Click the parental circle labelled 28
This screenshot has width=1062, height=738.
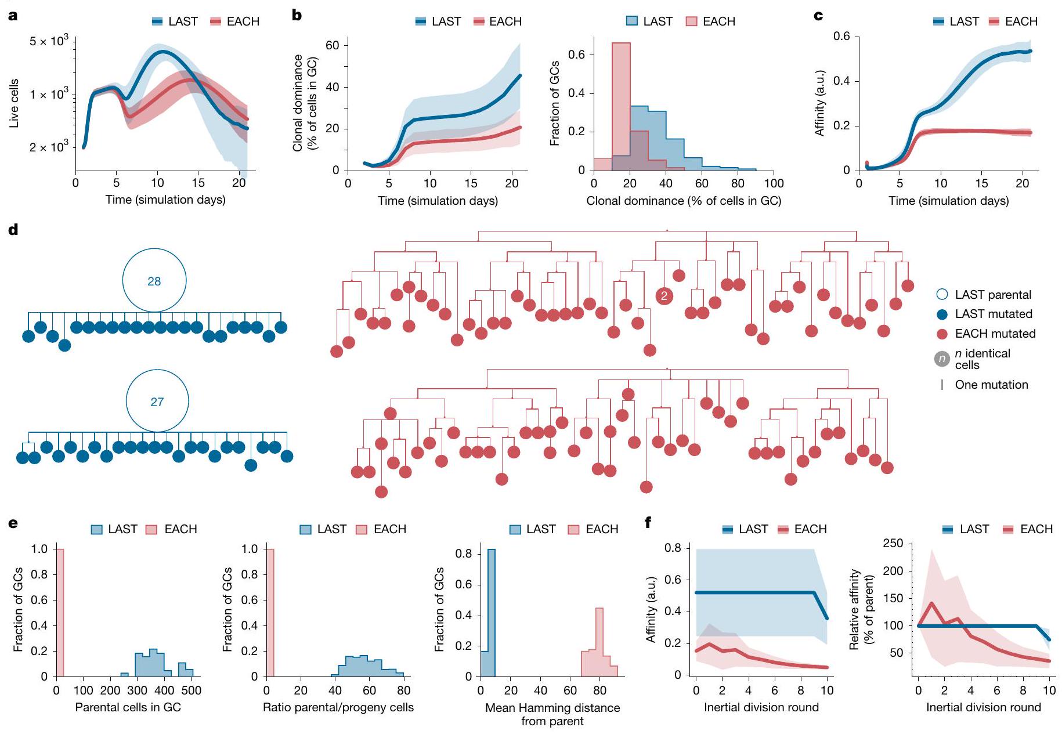click(x=154, y=281)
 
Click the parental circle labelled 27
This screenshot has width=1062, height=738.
click(x=157, y=401)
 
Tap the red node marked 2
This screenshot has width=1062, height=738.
click(x=664, y=296)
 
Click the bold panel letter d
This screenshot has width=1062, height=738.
click(x=13, y=230)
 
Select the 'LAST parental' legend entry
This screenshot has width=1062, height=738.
click(x=992, y=295)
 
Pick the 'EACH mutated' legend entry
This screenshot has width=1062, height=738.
click(x=995, y=334)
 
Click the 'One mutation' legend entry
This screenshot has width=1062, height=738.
click(x=991, y=385)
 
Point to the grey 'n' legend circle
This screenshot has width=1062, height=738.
click(x=942, y=359)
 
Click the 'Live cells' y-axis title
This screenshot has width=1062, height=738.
click(x=15, y=103)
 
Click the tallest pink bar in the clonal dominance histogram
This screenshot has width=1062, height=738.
click(x=621, y=104)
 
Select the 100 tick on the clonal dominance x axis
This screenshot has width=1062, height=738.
click(x=774, y=184)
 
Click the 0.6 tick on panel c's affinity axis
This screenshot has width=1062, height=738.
click(x=841, y=37)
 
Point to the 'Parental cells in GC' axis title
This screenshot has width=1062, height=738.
click(x=128, y=707)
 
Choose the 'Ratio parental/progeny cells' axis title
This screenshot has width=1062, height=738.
click(x=338, y=707)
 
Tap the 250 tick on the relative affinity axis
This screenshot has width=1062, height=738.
click(x=893, y=544)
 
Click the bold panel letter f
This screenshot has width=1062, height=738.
click(x=648, y=523)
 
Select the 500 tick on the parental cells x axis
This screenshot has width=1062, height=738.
click(x=192, y=690)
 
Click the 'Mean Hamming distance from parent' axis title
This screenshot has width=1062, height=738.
click(x=552, y=714)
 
